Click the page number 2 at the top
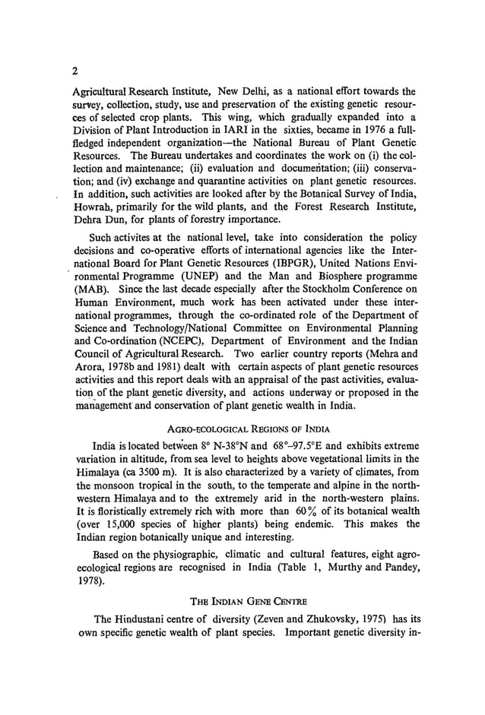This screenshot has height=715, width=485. [x=74, y=72]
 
